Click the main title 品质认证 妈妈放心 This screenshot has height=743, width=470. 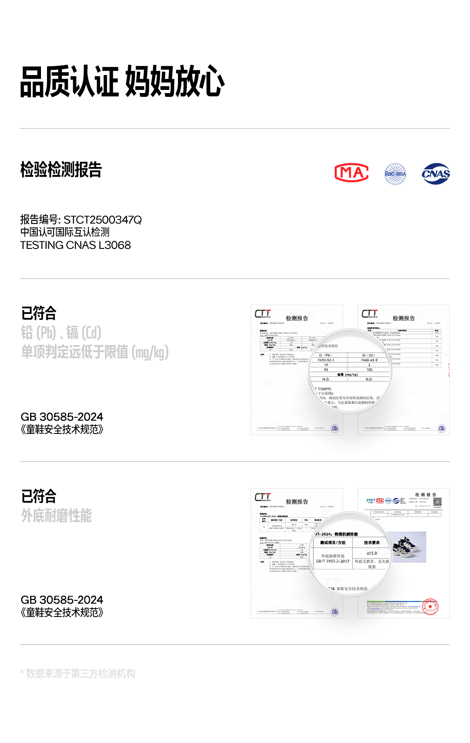pos(122,81)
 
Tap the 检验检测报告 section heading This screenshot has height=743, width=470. pos(61,169)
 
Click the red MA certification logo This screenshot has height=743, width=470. pos(351,173)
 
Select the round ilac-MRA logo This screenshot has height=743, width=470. pos(395,174)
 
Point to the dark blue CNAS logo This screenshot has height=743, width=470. pos(436,174)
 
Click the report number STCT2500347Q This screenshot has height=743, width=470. pos(102,220)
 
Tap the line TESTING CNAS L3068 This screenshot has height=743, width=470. pos(76,245)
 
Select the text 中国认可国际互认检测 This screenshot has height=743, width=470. pos(65,232)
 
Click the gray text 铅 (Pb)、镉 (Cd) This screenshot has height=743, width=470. pos(61,332)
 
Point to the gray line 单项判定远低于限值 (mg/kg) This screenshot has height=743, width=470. pos(95,352)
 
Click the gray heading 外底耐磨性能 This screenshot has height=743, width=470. pos(57,515)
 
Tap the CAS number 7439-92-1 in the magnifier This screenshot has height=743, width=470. pos(326,360)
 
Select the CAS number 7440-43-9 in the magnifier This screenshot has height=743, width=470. pos(369,360)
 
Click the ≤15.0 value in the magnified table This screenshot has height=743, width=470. pos(372,553)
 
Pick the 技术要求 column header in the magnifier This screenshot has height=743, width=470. pos(372,542)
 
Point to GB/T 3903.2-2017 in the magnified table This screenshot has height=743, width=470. pos(333,561)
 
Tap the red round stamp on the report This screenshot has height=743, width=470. pos(431,607)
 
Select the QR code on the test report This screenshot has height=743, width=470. pos(437,501)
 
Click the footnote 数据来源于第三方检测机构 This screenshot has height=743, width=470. pos(80,674)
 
